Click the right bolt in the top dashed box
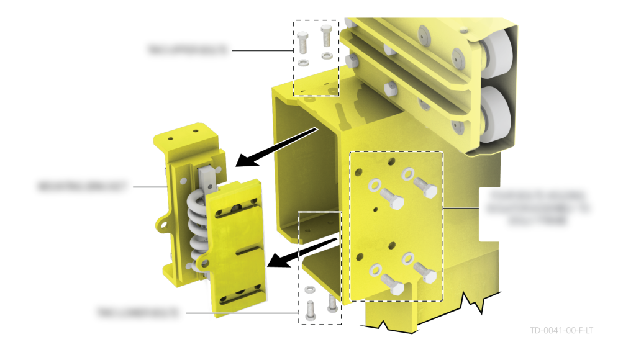point(326,36)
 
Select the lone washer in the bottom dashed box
point(309,290)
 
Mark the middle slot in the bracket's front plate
point(240,248)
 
